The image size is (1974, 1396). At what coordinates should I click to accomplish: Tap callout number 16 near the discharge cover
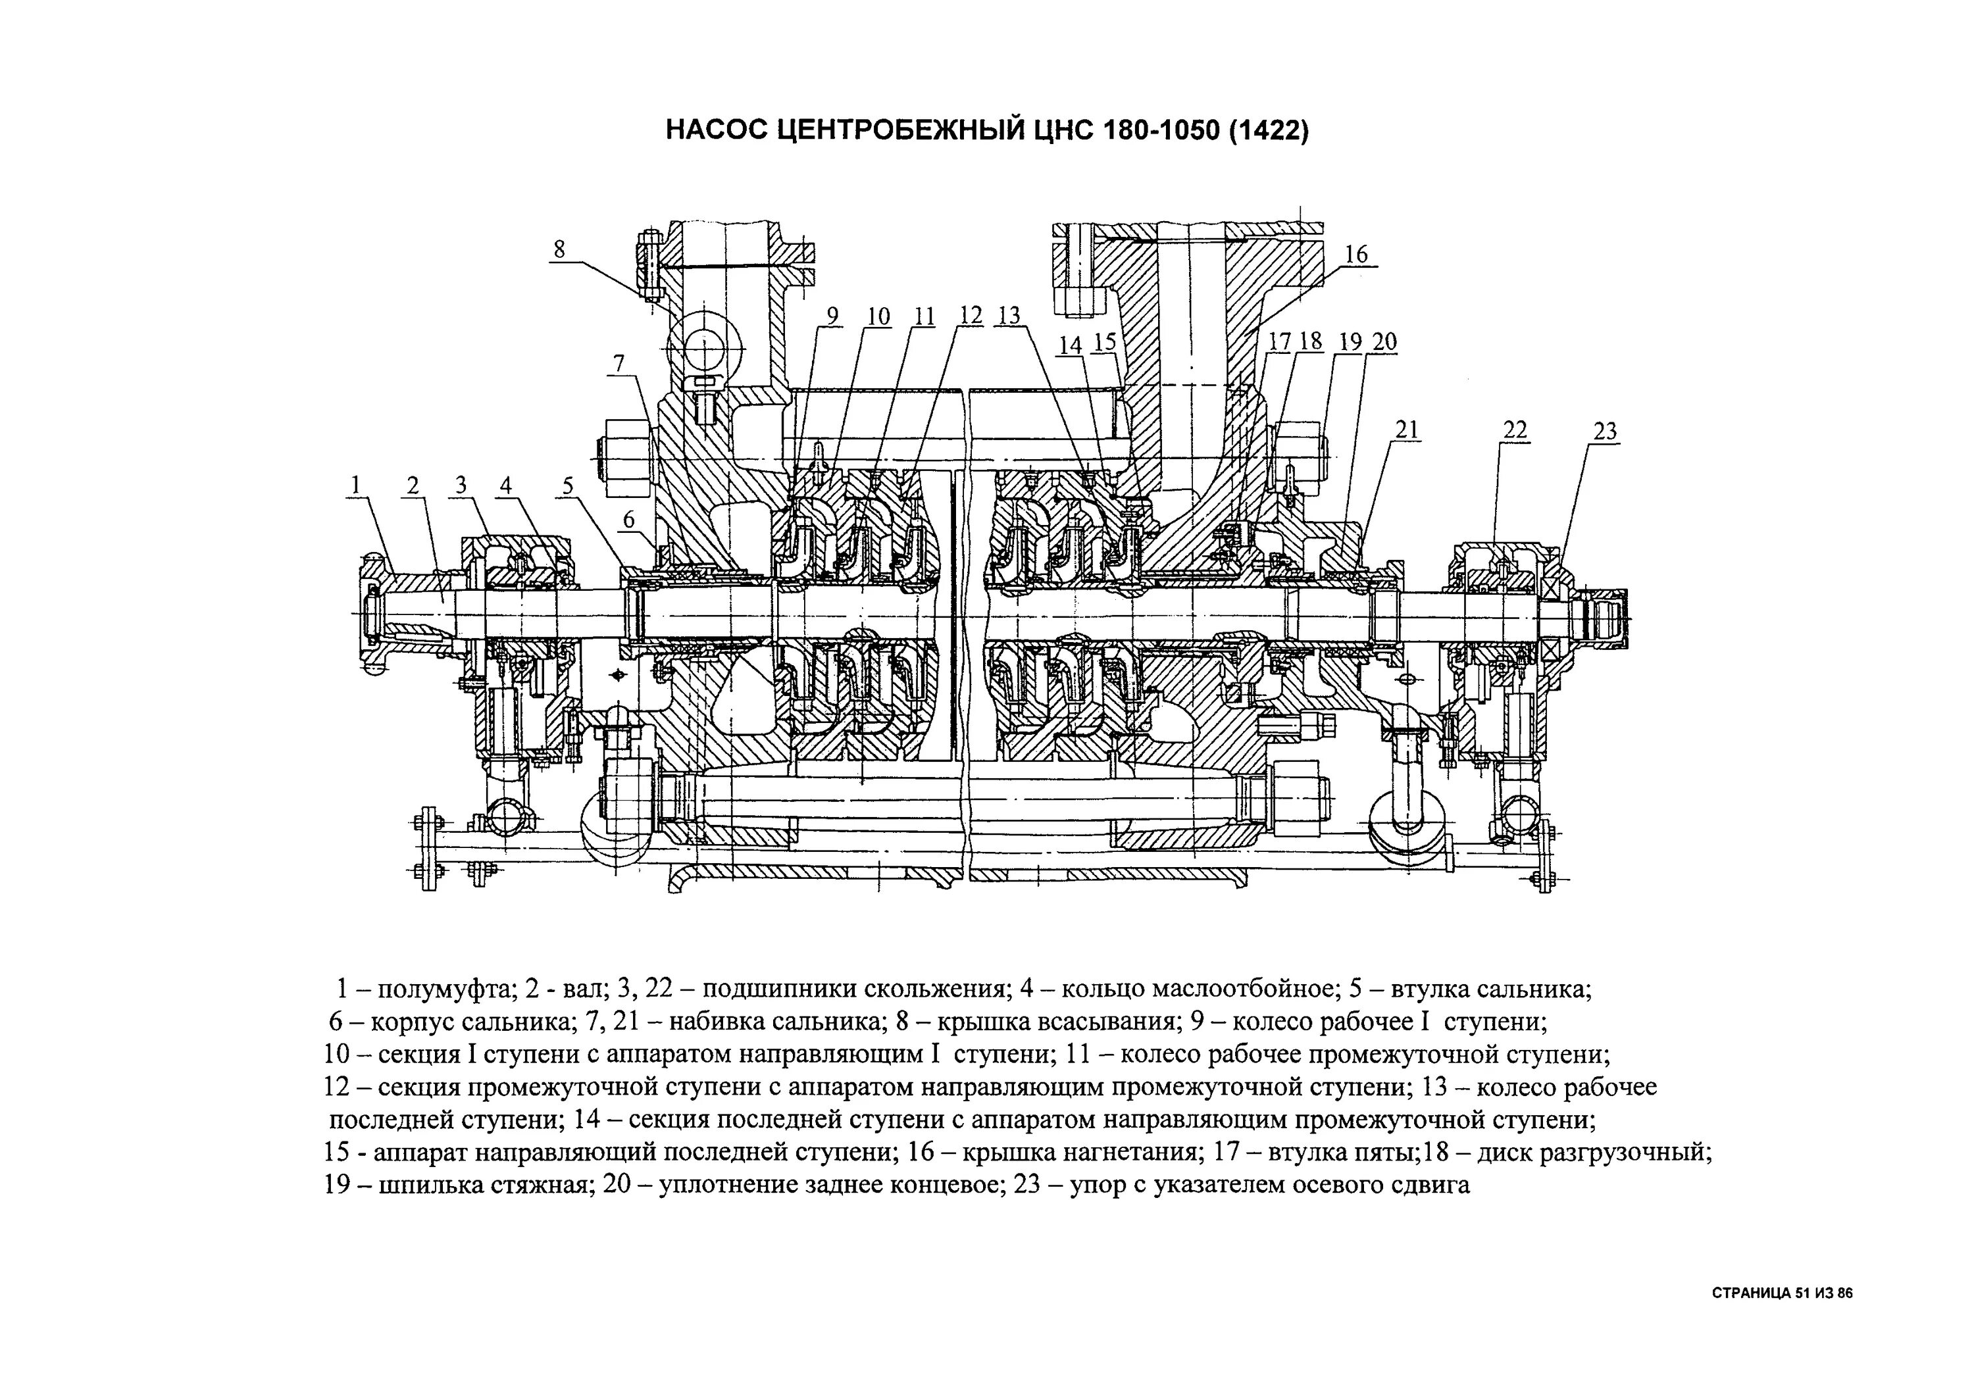click(1356, 255)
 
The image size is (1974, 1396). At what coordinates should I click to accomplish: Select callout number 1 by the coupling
click(354, 486)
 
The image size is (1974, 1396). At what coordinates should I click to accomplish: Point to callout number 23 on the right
click(1605, 432)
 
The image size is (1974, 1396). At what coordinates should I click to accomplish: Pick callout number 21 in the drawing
click(1407, 430)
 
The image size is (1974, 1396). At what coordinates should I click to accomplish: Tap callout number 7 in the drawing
click(619, 364)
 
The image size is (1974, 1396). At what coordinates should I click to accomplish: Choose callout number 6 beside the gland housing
click(628, 519)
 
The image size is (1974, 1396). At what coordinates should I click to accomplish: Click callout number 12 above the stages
click(971, 316)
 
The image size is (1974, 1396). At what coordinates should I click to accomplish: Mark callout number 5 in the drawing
click(567, 486)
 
